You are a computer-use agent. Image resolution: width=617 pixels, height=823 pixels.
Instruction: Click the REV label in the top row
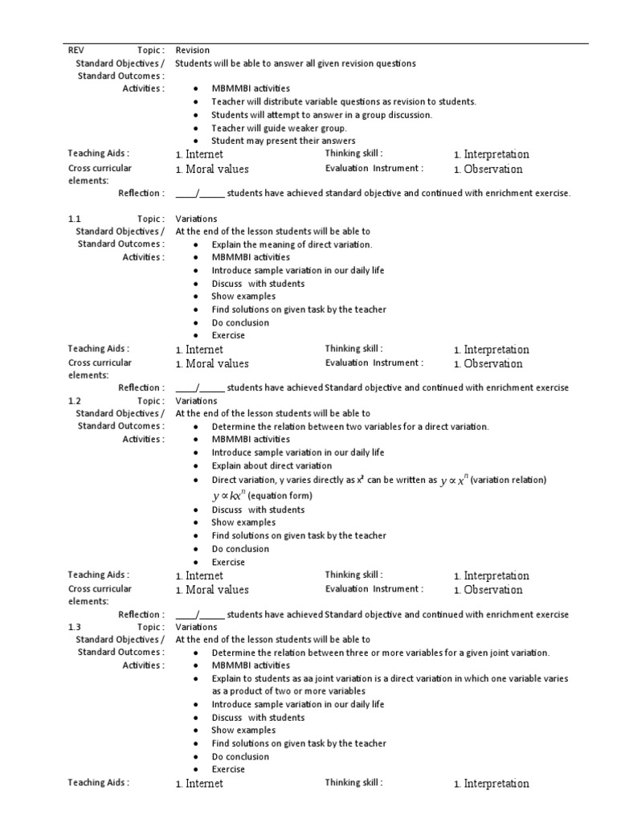pos(76,50)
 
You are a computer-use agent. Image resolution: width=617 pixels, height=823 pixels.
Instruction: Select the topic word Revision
pos(192,50)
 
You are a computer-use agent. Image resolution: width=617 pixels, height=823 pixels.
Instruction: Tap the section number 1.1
pos(75,219)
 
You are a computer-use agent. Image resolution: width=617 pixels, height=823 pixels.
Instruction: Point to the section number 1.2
pos(75,400)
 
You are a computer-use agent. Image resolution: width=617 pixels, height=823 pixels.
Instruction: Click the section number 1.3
pos(75,627)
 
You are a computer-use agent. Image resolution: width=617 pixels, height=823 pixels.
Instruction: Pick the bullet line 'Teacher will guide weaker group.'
pos(279,128)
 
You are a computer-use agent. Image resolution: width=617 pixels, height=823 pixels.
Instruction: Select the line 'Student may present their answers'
pos(272,141)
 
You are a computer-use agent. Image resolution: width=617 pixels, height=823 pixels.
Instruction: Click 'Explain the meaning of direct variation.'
pos(292,244)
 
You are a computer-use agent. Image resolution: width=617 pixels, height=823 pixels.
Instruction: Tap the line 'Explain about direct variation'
pos(271,465)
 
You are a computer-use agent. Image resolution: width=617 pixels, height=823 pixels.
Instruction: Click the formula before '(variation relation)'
pos(455,480)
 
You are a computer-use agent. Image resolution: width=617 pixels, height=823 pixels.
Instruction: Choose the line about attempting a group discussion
pos(321,115)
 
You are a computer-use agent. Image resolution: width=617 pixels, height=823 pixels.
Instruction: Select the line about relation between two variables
pos(349,426)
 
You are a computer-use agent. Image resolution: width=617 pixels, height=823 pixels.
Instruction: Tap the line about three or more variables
pos(380,653)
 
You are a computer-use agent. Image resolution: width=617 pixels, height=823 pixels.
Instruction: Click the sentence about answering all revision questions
pos(295,63)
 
